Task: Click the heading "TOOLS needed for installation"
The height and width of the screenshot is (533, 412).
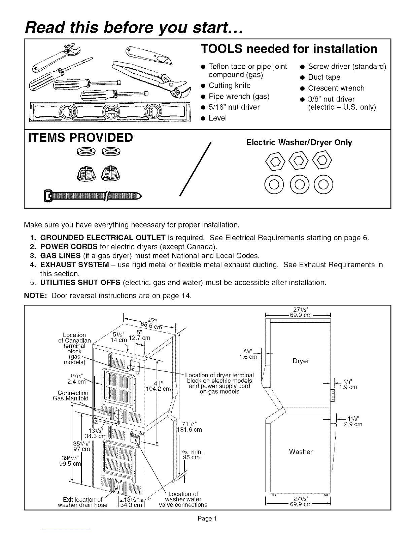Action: (x=289, y=49)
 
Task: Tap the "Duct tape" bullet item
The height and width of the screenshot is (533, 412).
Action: (x=324, y=77)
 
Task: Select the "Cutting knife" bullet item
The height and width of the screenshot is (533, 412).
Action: (x=229, y=85)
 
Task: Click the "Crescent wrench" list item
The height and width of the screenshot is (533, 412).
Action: (x=336, y=88)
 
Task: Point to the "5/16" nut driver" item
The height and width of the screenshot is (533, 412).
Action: (x=234, y=107)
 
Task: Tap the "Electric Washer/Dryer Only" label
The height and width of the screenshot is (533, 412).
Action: (x=299, y=143)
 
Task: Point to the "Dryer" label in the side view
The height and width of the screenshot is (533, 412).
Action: (x=301, y=361)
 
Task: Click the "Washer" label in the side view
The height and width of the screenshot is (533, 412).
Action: (x=301, y=452)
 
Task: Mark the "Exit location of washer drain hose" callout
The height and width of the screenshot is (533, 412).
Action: (x=83, y=502)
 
